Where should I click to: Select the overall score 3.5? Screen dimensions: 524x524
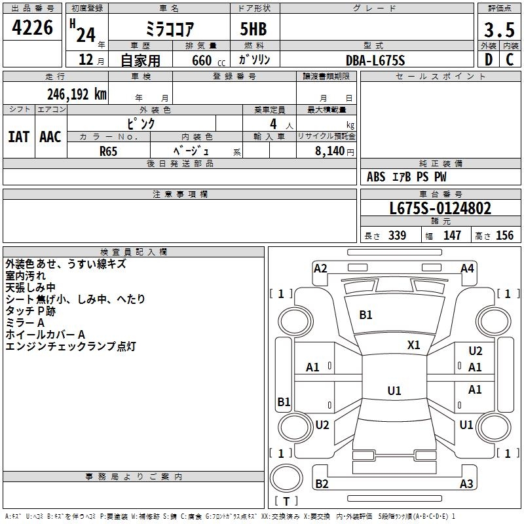pyautogui.click(x=497, y=30)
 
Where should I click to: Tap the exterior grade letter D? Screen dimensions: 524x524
pyautogui.click(x=488, y=60)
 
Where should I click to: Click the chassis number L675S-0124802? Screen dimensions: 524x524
pyautogui.click(x=440, y=209)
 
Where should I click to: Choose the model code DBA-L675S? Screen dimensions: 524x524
pyautogui.click(x=375, y=60)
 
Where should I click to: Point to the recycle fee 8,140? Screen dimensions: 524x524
pyautogui.click(x=330, y=151)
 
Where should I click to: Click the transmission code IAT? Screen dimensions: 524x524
pyautogui.click(x=18, y=137)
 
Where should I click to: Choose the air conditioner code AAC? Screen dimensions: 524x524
pyautogui.click(x=50, y=137)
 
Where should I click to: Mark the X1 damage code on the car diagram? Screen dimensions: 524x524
pyautogui.click(x=414, y=345)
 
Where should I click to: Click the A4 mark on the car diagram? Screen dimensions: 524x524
pyautogui.click(x=467, y=269)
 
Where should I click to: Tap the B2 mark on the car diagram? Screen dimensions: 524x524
pyautogui.click(x=322, y=484)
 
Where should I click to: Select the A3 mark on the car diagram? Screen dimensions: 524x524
pyautogui.click(x=466, y=484)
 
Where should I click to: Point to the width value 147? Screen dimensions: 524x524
pyautogui.click(x=452, y=236)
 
